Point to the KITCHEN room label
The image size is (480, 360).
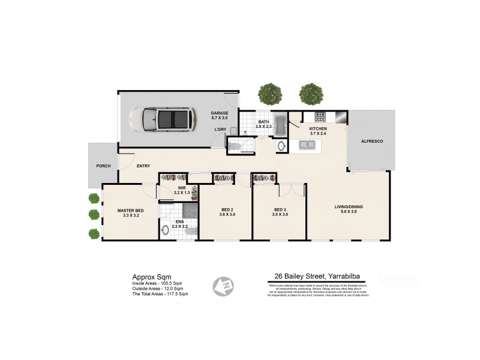[x=317, y=129]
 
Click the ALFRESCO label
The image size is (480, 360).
[x=371, y=141]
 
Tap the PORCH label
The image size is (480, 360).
[x=103, y=166]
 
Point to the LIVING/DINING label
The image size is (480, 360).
[x=349, y=208]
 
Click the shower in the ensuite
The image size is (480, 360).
[x=190, y=209]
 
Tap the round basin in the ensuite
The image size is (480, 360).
[x=166, y=229]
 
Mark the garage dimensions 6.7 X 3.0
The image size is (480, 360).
[x=220, y=118]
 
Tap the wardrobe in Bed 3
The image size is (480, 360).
[x=264, y=178]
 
